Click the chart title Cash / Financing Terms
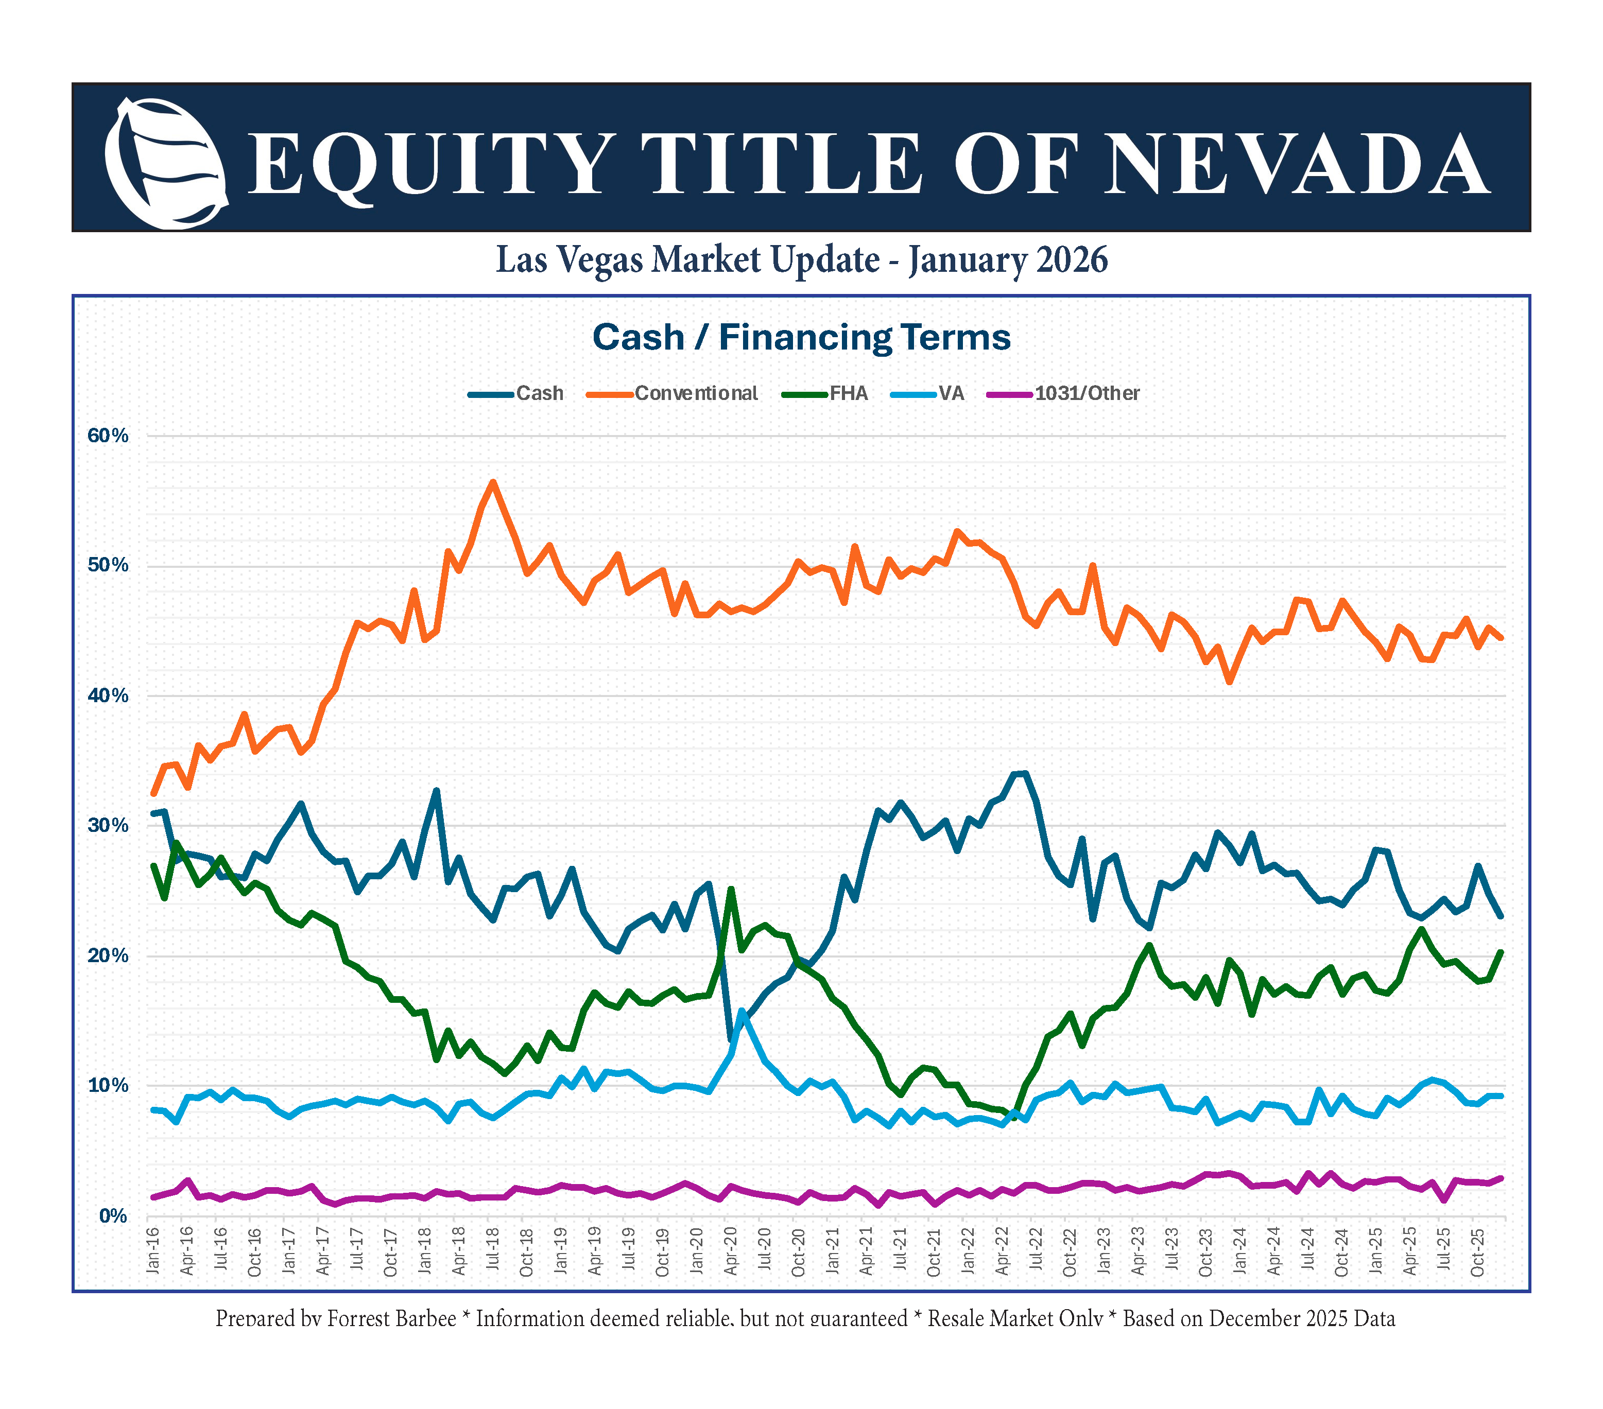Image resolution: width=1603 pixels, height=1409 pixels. click(x=801, y=337)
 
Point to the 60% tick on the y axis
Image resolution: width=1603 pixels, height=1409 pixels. click(x=108, y=436)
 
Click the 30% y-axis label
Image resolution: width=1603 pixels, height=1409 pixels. click(x=108, y=826)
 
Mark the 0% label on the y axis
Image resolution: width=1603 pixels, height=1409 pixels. click(x=113, y=1216)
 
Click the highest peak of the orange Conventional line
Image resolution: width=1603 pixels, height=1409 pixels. click(x=492, y=482)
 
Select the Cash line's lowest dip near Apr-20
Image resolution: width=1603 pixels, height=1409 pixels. click(x=731, y=1039)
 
